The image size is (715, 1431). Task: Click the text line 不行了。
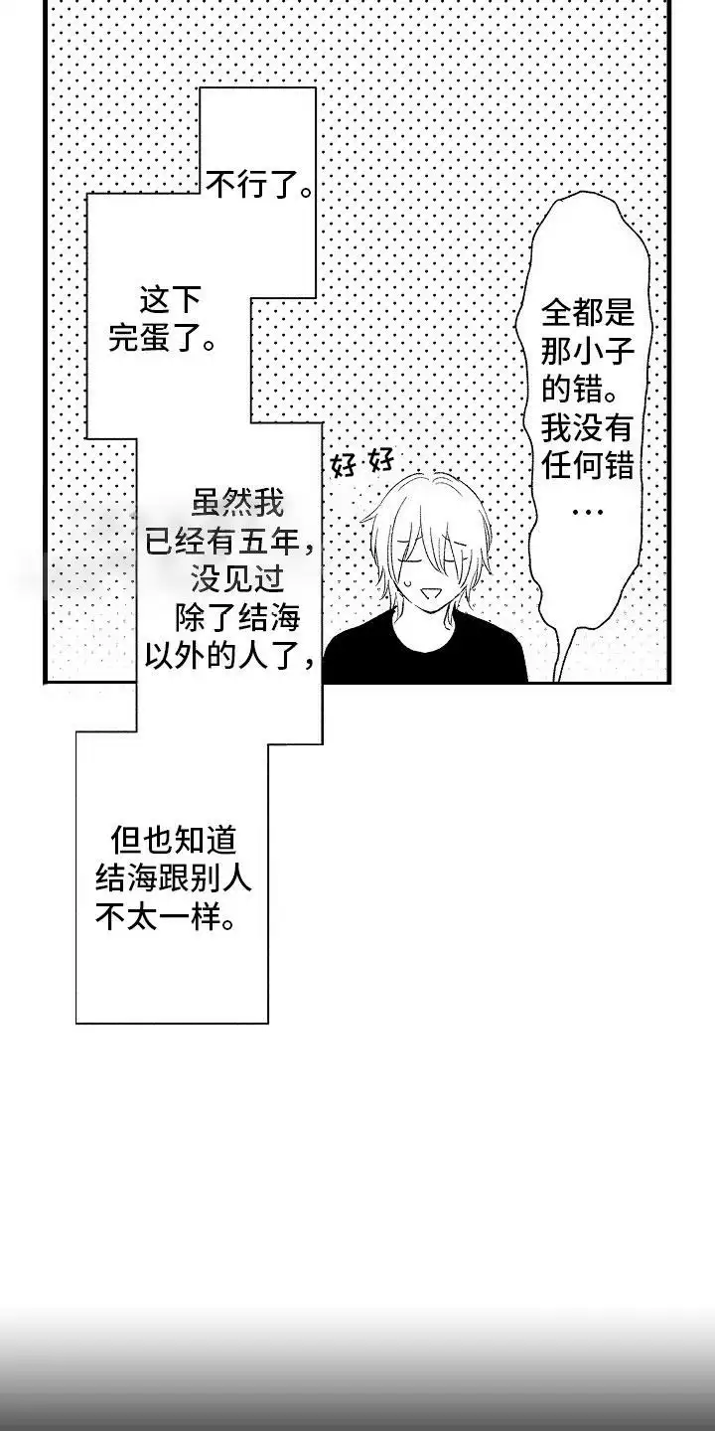(x=257, y=183)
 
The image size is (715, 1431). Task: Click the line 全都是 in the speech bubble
(x=587, y=315)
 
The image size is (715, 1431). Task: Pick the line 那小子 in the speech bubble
(x=587, y=353)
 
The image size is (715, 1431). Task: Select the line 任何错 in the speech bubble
(x=587, y=466)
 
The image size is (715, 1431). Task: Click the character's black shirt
(x=427, y=656)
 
